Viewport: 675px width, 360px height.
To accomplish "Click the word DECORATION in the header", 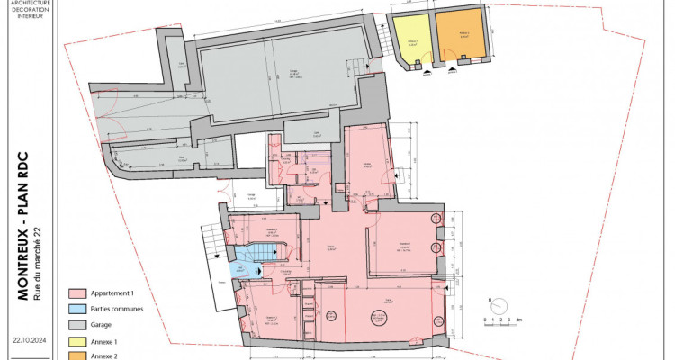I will click(27, 8).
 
